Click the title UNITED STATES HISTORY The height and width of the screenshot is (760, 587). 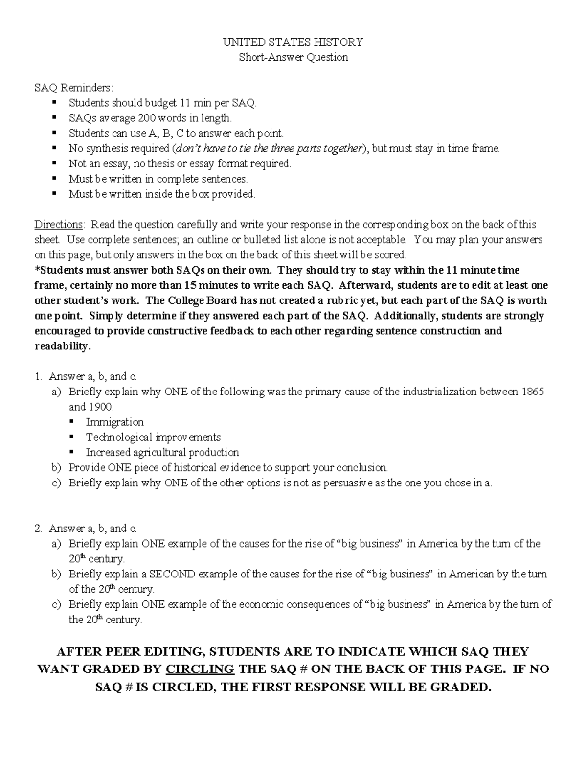(293, 42)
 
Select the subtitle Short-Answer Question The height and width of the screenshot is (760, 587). (293, 57)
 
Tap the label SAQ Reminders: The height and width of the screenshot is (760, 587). (73, 88)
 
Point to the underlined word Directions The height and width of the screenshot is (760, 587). (58, 225)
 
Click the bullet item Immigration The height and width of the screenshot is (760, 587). (114, 422)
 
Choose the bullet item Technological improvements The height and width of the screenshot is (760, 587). (153, 437)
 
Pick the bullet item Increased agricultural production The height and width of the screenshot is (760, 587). (162, 452)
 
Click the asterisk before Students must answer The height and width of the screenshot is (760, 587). (37, 269)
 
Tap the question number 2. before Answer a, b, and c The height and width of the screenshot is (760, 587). (38, 529)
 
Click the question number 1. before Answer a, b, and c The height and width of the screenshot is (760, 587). (38, 376)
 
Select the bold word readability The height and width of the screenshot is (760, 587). (62, 346)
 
